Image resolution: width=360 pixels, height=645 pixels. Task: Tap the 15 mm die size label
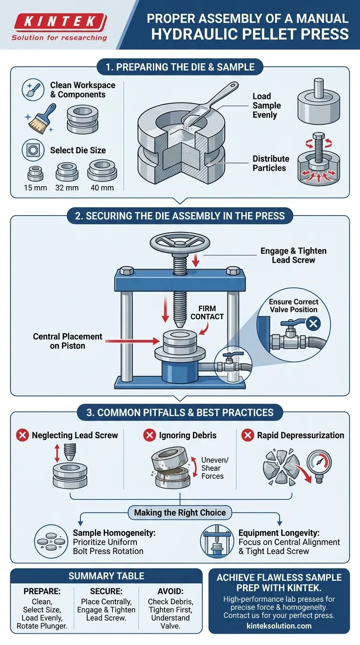click(34, 188)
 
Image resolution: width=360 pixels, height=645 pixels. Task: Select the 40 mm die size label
click(102, 188)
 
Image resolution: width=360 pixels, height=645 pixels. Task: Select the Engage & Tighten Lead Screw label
click(293, 255)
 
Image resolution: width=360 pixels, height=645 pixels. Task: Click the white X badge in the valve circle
click(313, 323)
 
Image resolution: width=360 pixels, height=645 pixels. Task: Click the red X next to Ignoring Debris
click(149, 435)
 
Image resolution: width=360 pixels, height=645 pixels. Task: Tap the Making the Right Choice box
click(180, 512)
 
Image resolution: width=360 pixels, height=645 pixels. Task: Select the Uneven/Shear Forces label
click(212, 468)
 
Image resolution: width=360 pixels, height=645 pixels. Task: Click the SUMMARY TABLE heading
click(106, 576)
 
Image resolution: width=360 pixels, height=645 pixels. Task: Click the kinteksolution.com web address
click(279, 625)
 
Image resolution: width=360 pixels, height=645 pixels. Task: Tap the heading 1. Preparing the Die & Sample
click(180, 67)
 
